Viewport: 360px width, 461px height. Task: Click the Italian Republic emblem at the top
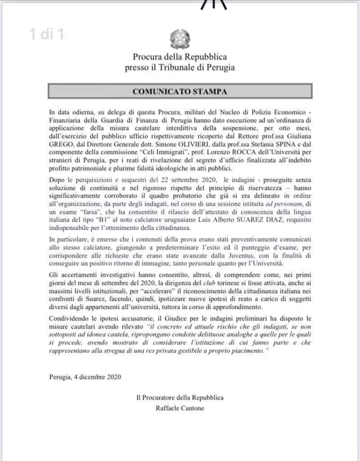(180, 39)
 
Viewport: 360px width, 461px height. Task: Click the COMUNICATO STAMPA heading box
(180, 91)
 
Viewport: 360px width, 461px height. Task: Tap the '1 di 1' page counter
(46, 35)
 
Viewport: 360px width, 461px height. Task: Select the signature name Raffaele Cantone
(180, 408)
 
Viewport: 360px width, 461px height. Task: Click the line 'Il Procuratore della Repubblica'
(180, 398)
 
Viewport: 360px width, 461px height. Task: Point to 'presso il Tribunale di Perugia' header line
(180, 67)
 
